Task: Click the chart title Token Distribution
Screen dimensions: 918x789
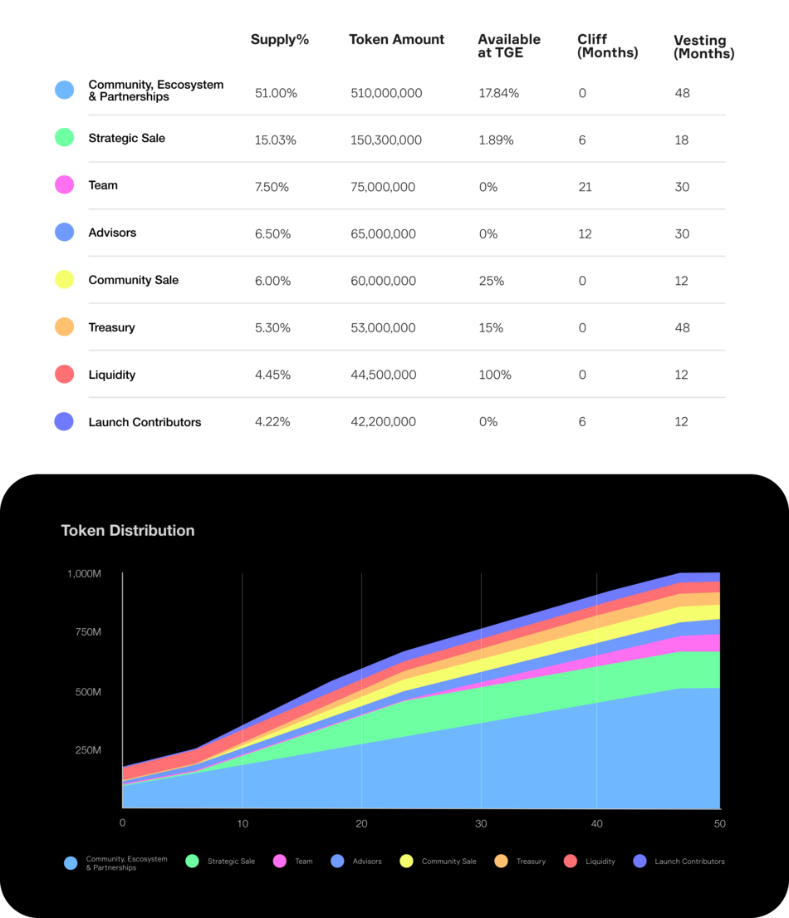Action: point(128,530)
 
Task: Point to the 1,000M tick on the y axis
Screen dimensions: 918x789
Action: point(84,573)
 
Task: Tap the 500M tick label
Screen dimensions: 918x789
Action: point(87,691)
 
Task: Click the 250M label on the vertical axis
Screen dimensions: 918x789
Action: point(87,750)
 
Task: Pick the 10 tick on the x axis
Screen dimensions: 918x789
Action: point(243,823)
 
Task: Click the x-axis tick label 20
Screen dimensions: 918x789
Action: point(361,823)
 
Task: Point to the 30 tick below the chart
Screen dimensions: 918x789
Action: point(481,823)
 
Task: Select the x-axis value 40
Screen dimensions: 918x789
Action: point(596,823)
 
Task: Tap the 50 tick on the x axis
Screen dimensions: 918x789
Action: point(719,823)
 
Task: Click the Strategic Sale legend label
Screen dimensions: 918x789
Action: point(231,862)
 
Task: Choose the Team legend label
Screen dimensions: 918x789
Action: point(304,862)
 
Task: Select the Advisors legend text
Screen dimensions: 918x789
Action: point(367,862)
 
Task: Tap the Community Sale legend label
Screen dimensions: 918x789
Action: point(448,862)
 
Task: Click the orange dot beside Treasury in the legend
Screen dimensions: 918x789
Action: point(501,862)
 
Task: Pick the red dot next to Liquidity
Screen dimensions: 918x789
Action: point(571,862)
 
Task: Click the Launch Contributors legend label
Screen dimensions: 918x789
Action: point(689,862)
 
